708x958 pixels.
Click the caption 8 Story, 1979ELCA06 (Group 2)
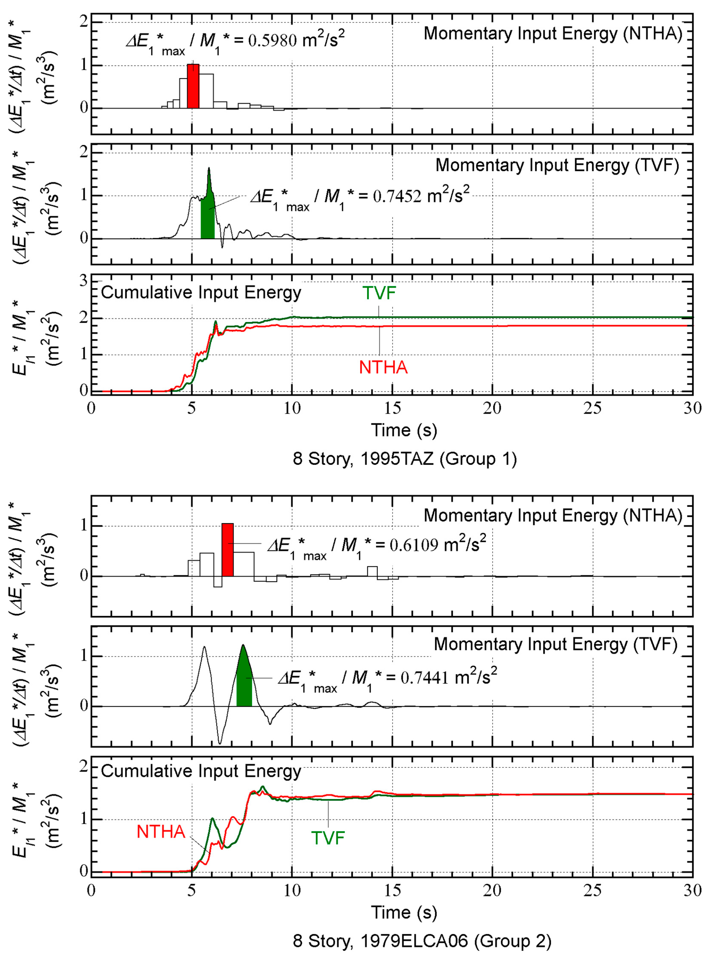[x=422, y=941]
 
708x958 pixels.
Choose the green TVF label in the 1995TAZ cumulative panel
[x=379, y=293]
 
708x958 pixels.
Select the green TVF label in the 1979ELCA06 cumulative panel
[x=328, y=838]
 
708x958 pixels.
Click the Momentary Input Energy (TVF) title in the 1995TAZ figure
[x=557, y=165]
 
